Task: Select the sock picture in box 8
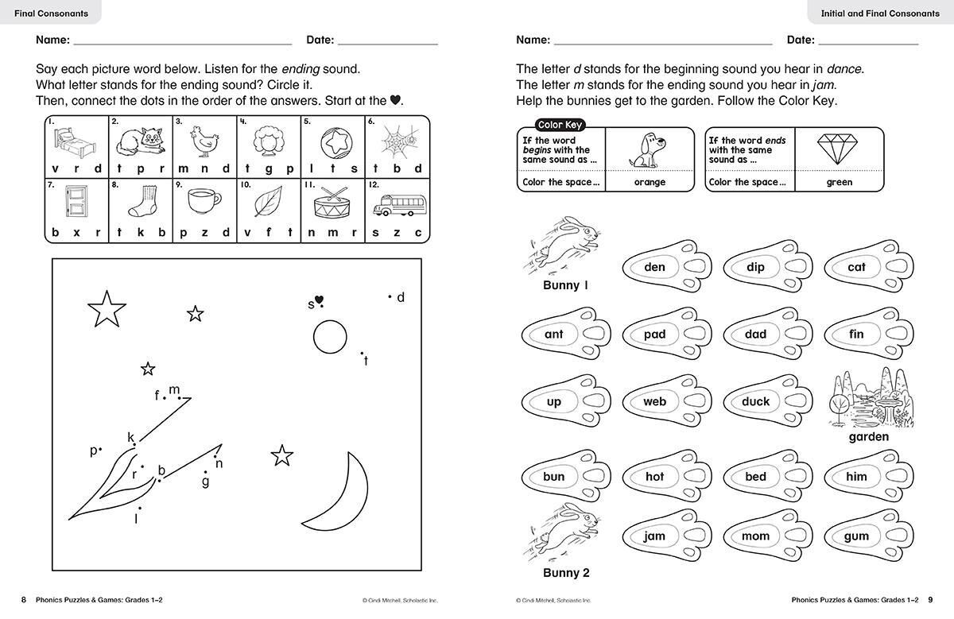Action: point(142,204)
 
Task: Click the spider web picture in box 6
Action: point(398,141)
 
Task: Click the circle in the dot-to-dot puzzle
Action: point(330,337)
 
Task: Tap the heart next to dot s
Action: point(320,300)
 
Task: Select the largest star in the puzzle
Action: point(107,309)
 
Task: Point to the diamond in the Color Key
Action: point(839,149)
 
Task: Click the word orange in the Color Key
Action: point(650,183)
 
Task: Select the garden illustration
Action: point(868,400)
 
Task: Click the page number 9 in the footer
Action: point(931,600)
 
